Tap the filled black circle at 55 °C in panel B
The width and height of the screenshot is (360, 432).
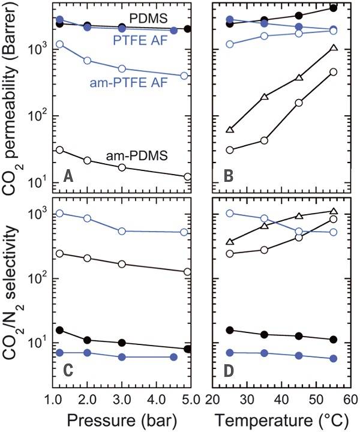[334, 8]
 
